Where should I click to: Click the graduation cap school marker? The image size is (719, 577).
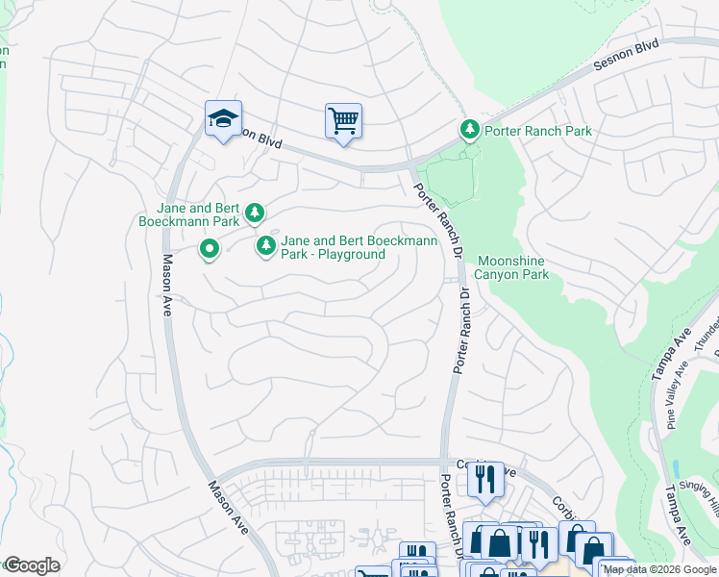[223, 119]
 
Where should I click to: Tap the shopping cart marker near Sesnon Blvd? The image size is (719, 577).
[343, 121]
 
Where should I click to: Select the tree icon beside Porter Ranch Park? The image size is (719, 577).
[469, 130]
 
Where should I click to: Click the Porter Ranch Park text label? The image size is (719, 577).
[537, 131]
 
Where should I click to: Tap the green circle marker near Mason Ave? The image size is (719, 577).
[210, 250]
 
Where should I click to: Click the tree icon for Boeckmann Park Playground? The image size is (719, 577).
[265, 247]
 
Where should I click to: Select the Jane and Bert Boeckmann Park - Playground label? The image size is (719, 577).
[333, 247]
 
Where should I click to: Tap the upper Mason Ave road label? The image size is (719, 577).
[166, 286]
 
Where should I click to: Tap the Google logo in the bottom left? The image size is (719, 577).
[32, 565]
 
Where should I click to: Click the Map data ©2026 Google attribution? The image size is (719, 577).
[659, 569]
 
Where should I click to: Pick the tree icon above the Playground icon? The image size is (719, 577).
[254, 213]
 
